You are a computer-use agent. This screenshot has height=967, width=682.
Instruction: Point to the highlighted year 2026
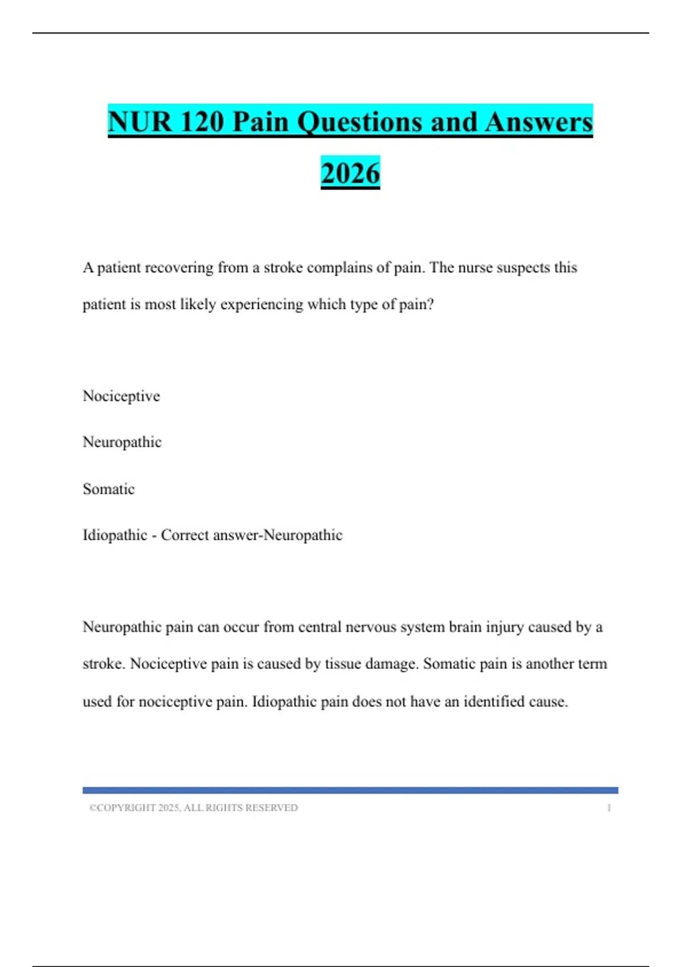(350, 173)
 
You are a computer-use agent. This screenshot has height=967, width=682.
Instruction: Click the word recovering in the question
(179, 267)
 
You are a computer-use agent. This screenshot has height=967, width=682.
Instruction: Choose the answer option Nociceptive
(121, 396)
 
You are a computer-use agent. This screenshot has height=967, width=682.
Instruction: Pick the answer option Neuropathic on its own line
(122, 442)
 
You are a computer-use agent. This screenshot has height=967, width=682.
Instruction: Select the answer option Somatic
(109, 489)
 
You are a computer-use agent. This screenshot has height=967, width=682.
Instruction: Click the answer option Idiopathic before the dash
(115, 535)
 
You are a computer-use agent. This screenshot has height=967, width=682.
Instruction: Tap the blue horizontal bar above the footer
(350, 790)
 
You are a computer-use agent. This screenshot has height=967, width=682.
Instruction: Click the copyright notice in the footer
(193, 808)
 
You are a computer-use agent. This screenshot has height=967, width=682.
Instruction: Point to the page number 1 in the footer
(609, 808)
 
